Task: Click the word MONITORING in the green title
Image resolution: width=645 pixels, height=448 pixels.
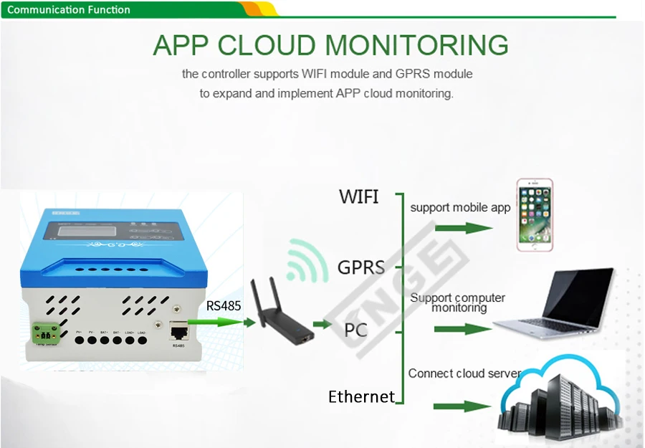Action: pos(417,45)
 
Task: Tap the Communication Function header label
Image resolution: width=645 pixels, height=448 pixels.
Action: pos(69,10)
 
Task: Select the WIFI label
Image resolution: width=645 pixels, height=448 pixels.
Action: pos(359,196)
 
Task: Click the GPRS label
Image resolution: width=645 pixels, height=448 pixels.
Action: pos(360,268)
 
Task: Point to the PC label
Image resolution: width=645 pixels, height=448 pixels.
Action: pos(356,330)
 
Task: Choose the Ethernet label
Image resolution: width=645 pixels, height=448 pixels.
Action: pos(361,396)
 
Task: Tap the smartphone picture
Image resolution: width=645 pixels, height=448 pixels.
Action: pos(535,215)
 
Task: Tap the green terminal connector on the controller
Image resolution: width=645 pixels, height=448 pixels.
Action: pos(44,332)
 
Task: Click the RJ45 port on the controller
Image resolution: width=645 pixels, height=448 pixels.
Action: pos(178,330)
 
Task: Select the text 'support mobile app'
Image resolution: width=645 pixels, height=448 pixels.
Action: pos(460,208)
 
